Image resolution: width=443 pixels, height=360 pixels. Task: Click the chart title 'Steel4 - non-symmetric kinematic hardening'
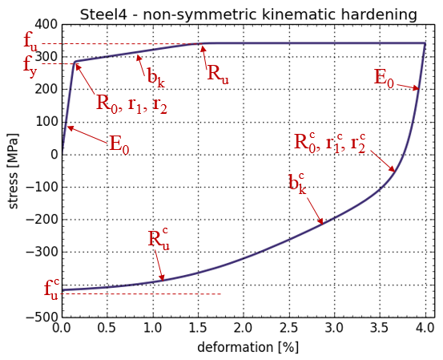(248, 14)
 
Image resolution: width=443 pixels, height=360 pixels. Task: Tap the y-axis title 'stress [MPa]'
(13, 172)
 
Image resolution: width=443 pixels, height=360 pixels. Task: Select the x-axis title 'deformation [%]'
(248, 347)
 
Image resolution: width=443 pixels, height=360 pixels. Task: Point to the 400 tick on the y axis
(46, 25)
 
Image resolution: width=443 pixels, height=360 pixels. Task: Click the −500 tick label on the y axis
(42, 317)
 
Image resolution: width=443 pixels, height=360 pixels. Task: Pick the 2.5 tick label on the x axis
(288, 328)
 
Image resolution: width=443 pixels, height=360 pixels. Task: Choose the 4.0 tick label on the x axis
(425, 328)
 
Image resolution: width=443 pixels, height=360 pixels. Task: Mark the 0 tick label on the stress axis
(54, 155)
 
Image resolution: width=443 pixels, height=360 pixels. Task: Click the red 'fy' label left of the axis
(30, 67)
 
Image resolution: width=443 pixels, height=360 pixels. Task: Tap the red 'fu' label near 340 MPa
(30, 43)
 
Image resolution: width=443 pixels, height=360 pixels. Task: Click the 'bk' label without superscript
(155, 77)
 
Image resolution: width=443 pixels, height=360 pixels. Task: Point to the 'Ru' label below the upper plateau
(218, 74)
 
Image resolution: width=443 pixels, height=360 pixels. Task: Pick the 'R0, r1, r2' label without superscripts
(131, 103)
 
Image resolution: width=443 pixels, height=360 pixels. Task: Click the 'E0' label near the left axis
(119, 144)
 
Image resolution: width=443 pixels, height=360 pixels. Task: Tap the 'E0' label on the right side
(384, 79)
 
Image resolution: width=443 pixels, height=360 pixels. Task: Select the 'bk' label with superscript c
(297, 184)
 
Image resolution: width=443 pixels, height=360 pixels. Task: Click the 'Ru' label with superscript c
(159, 241)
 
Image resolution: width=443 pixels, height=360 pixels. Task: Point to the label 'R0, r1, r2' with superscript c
(330, 143)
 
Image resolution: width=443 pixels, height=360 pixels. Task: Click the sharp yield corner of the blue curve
(75, 62)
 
